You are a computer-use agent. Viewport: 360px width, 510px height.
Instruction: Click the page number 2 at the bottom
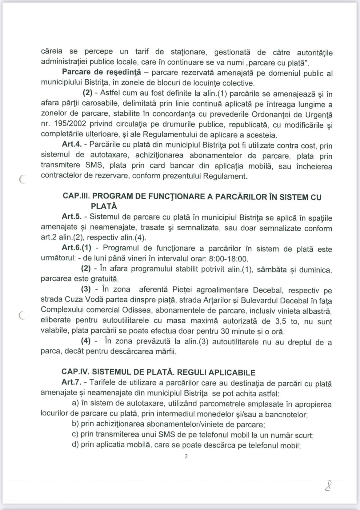pos(186,456)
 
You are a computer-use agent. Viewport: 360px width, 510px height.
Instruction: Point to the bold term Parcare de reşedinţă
pos(101,72)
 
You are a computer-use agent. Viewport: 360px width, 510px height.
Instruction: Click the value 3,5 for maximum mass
pos(279,321)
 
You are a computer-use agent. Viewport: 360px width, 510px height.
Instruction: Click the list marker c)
pos(75,435)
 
